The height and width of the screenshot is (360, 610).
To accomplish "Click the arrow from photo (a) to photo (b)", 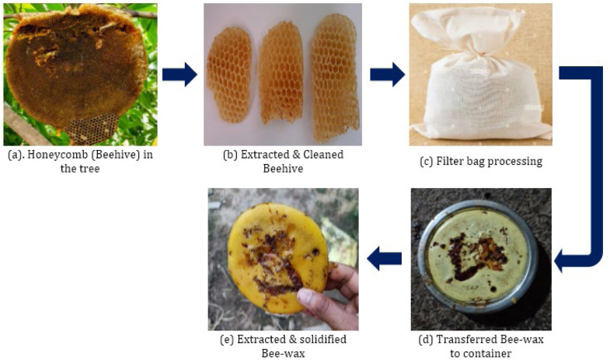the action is pos(180,74).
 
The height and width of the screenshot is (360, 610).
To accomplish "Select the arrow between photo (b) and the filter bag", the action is pos(388,74).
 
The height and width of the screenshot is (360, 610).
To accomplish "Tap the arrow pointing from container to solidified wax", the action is pos(385,258).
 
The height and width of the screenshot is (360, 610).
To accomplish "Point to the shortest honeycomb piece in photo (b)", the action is pos(229,75).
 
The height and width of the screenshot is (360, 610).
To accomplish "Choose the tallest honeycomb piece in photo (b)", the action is pos(336,77).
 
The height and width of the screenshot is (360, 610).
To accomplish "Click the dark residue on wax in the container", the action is pos(476,255).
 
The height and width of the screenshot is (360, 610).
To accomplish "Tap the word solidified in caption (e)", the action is pos(324,339).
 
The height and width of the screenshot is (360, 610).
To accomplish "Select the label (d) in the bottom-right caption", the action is pos(426,340).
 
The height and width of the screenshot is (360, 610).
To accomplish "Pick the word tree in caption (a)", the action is pos(90,169).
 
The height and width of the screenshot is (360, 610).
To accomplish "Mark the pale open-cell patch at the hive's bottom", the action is pos(92,128).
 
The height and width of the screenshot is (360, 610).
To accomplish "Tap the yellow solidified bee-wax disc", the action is pos(277,257).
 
